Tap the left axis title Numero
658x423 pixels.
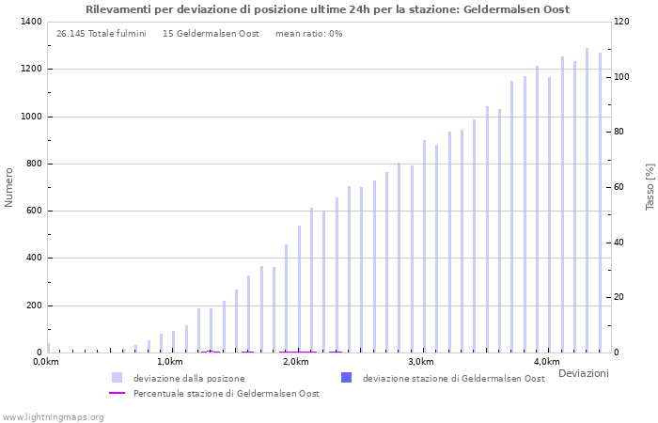[x=9, y=187]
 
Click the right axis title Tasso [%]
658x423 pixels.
[x=650, y=186]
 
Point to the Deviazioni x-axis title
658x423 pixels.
[x=583, y=373]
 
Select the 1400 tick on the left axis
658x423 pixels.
[x=30, y=22]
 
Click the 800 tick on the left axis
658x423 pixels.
[x=33, y=164]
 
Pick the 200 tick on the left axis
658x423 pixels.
[x=33, y=305]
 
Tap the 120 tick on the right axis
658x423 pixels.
[x=623, y=22]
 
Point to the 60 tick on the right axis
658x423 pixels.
[x=620, y=187]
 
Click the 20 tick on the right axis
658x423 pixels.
[x=620, y=297]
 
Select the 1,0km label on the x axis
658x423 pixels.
[x=170, y=362]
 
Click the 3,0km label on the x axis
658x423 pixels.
[x=421, y=362]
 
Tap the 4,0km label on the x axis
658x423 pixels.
[x=546, y=362]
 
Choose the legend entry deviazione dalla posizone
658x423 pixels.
[x=189, y=378]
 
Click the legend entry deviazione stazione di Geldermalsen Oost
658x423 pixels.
[x=453, y=378]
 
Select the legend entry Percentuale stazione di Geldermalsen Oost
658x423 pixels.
[x=226, y=393]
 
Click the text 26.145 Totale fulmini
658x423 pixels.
[x=101, y=34]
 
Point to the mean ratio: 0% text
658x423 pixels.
[x=309, y=34]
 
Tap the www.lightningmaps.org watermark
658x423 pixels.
[x=54, y=416]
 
